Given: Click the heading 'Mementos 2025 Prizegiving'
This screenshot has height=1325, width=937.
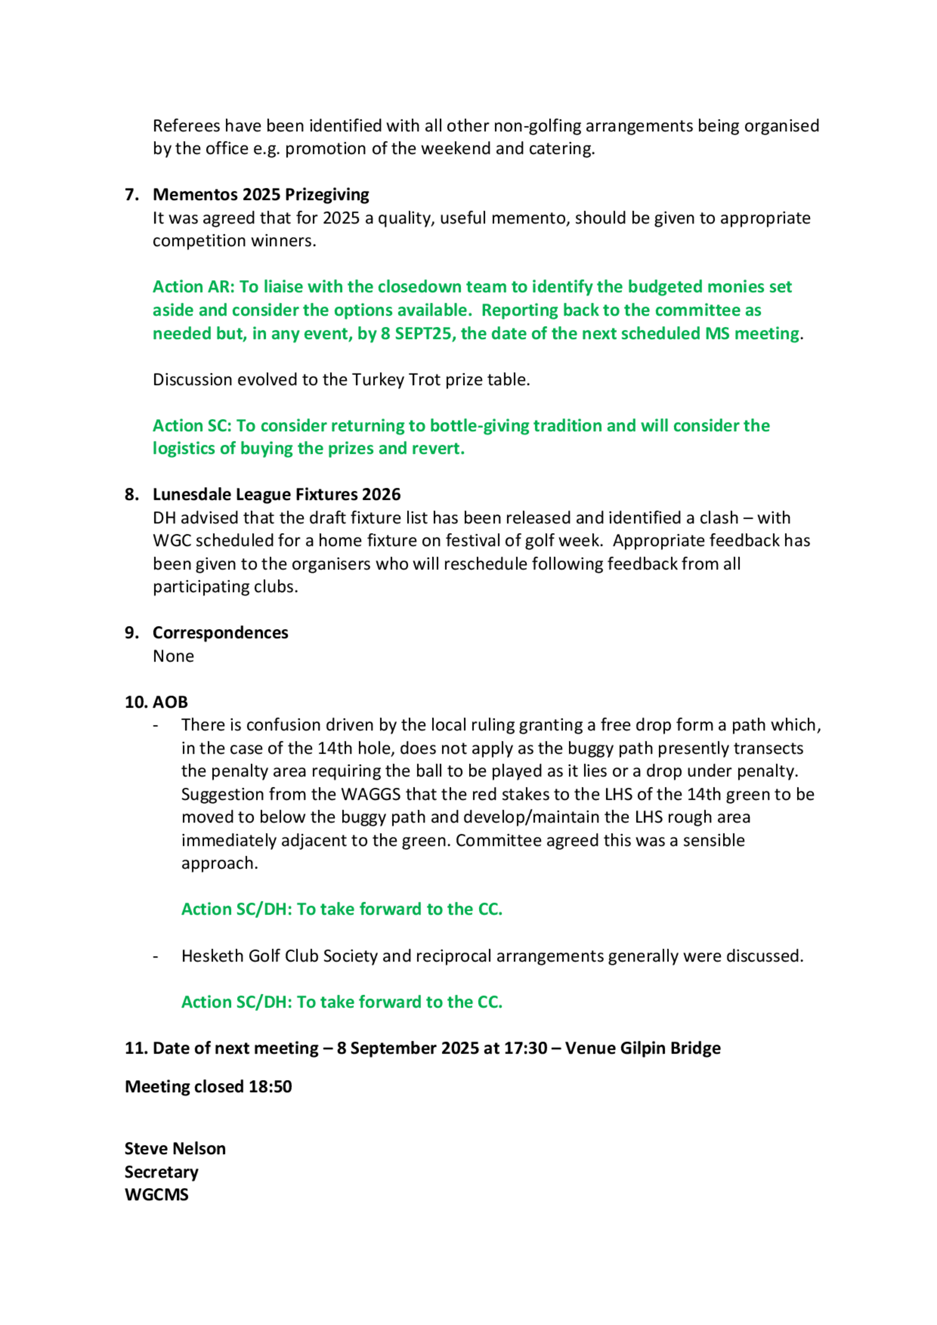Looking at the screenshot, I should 260,194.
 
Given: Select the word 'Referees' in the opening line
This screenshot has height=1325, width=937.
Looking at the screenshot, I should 186,126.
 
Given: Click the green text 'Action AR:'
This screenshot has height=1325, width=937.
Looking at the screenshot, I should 193,287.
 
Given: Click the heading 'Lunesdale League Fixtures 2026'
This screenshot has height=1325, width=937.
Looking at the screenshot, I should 276,495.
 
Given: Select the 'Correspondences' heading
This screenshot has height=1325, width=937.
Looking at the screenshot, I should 220,633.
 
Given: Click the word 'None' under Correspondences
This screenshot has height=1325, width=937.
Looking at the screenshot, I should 173,656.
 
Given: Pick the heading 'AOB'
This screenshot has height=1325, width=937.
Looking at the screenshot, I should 171,703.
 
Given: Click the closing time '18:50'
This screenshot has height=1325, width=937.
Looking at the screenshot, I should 270,1087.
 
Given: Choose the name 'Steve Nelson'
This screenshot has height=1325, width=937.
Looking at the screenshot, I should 175,1148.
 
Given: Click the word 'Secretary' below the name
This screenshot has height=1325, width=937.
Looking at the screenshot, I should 161,1172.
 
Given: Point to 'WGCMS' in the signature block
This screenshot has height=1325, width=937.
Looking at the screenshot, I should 156,1195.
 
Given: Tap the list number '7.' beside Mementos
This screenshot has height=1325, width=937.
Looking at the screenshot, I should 132,194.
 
